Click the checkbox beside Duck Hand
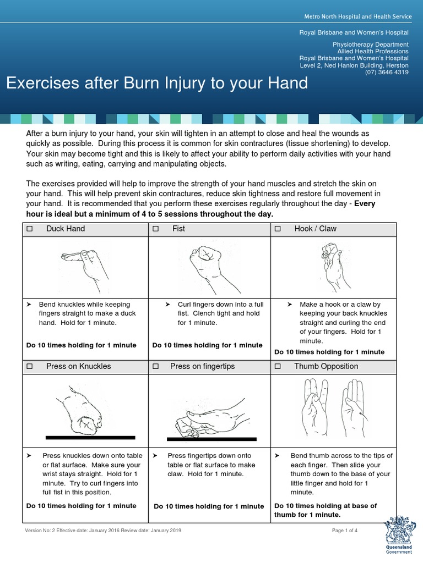[x=30, y=229]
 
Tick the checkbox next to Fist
[x=156, y=229]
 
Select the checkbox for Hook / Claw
[x=278, y=229]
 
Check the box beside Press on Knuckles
[x=30, y=366]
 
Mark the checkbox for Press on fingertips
[x=156, y=366]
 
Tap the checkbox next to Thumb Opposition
[x=278, y=366]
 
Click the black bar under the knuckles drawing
[x=90, y=438]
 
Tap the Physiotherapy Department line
[x=371, y=44]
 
